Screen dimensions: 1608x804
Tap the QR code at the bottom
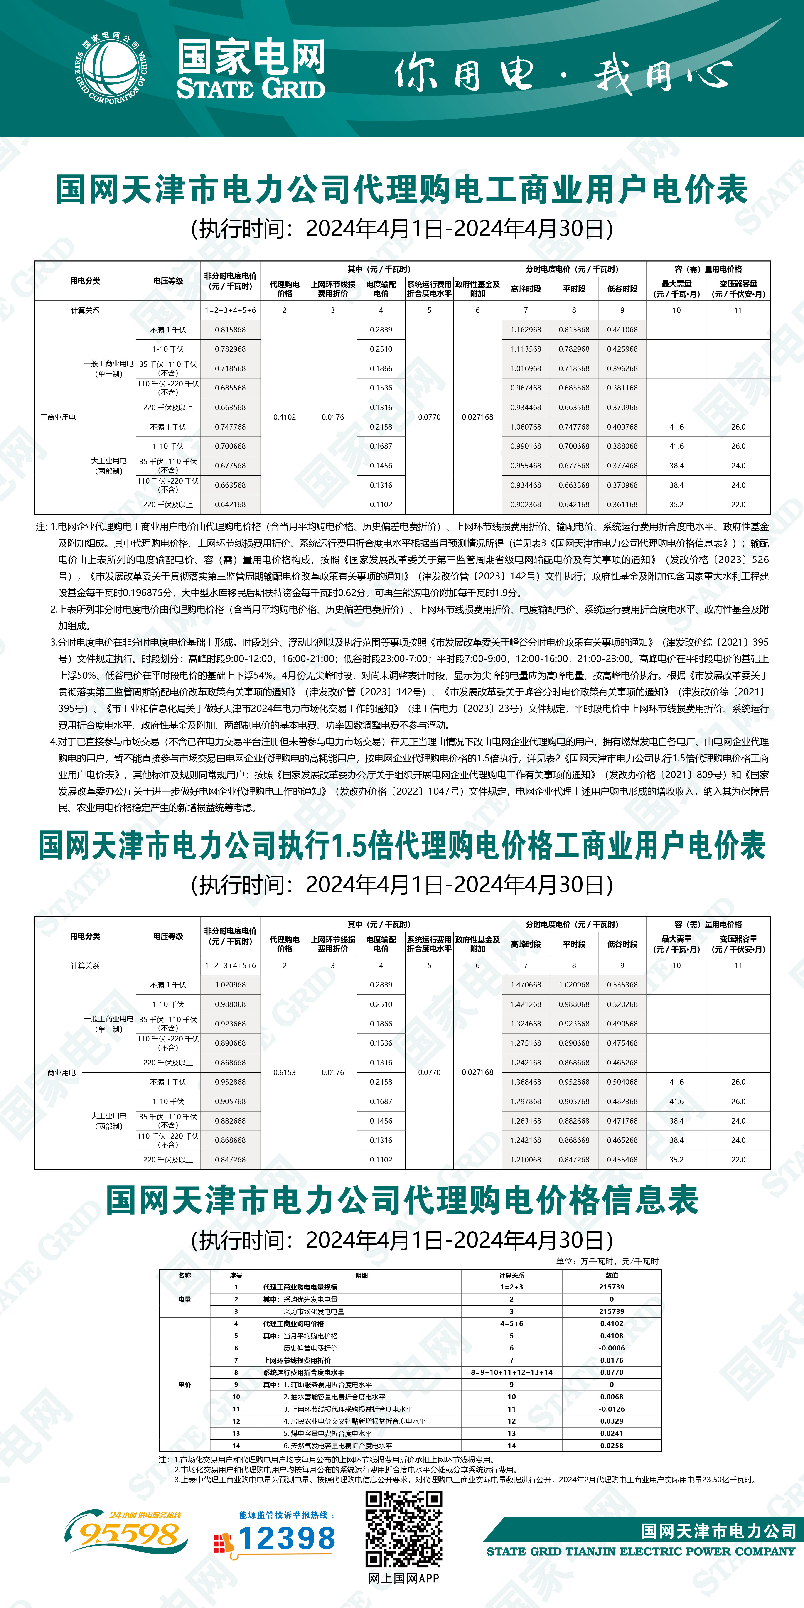[404, 1529]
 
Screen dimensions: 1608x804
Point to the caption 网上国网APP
[404, 1579]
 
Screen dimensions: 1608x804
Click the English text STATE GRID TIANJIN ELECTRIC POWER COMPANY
[641, 1551]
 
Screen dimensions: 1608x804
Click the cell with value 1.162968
[526, 330]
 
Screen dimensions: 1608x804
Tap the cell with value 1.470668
[526, 984]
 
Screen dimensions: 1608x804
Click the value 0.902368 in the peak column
[526, 504]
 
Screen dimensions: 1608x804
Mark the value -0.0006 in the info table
[612, 1348]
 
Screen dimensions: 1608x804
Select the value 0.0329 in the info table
[612, 1421]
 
